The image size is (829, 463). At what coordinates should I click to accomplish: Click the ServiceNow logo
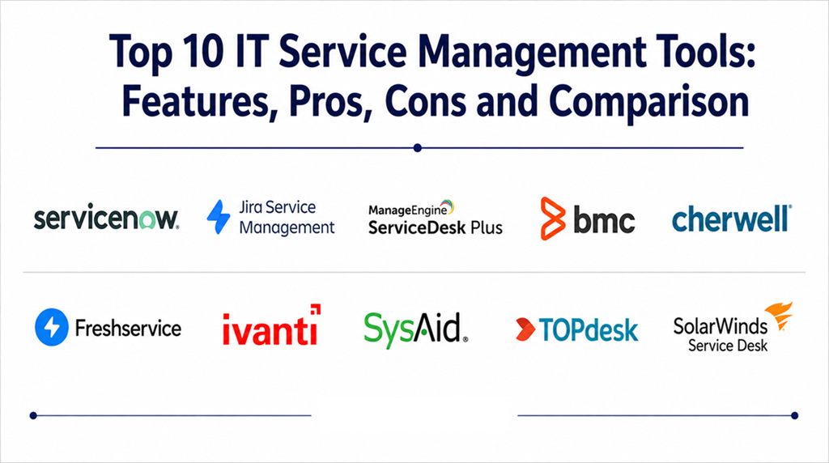tap(106, 217)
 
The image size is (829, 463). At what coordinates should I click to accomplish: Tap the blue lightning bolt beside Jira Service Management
tap(219, 217)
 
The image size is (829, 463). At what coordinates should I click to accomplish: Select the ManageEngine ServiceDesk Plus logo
tap(435, 218)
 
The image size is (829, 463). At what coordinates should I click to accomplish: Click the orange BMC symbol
tap(553, 219)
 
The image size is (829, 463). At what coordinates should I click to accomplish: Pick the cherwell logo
tap(732, 219)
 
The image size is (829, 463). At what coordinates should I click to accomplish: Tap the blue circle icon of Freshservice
tap(52, 327)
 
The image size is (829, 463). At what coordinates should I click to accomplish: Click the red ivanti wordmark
tap(271, 325)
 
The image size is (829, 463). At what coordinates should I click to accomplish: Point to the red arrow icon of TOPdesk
tap(525, 329)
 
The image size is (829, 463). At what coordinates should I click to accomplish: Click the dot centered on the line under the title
tap(418, 148)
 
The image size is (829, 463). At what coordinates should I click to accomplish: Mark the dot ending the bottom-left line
tap(33, 415)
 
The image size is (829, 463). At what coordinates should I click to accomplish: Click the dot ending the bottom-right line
tap(795, 415)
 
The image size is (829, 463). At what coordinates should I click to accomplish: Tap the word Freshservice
tap(129, 328)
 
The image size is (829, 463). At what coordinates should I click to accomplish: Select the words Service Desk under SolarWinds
tap(728, 346)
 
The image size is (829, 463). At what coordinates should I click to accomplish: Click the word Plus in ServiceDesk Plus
tap(487, 227)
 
